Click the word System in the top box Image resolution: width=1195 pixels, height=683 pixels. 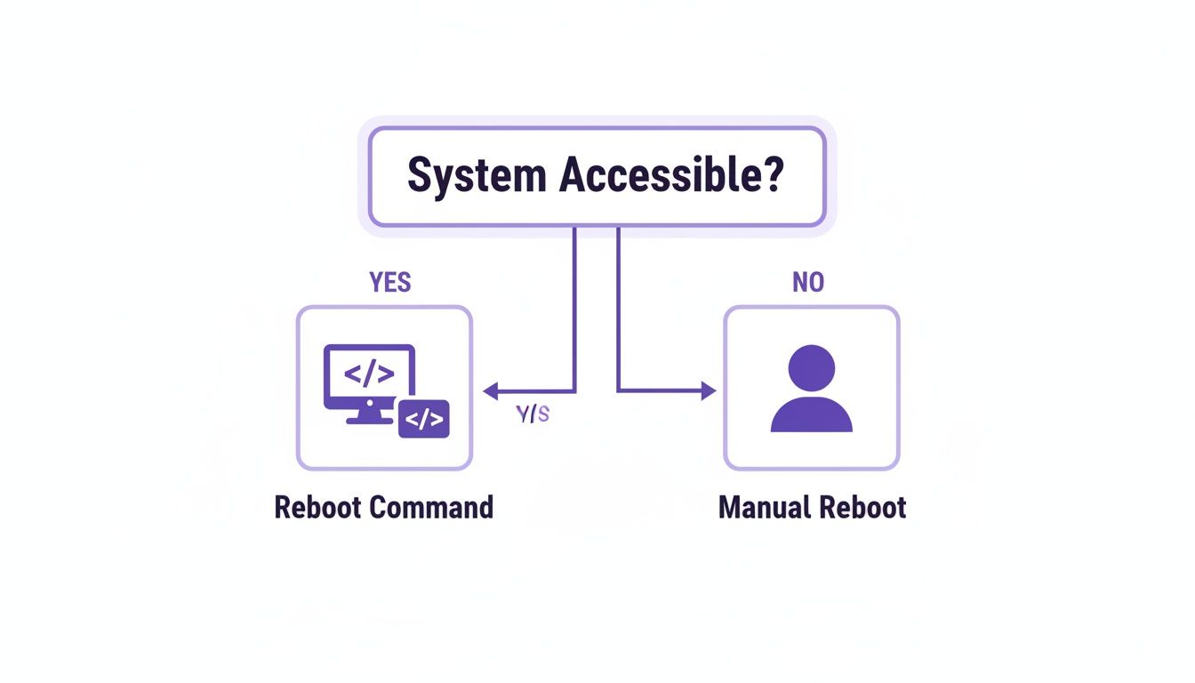pyautogui.click(x=477, y=176)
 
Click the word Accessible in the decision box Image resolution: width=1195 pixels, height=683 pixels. pyautogui.click(x=661, y=175)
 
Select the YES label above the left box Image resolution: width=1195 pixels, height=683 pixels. pyautogui.click(x=389, y=283)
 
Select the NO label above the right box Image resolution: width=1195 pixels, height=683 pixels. pyautogui.click(x=807, y=283)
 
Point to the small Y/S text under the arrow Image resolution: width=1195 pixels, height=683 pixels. pyautogui.click(x=533, y=414)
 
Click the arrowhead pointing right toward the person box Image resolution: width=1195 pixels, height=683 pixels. pyautogui.click(x=708, y=390)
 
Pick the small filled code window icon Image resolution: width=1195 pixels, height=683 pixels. pyautogui.click(x=424, y=419)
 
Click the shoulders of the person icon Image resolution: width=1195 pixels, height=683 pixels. pyautogui.click(x=811, y=415)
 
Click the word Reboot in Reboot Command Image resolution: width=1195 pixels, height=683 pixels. pyautogui.click(x=317, y=508)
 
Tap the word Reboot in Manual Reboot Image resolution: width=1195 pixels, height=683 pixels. pyautogui.click(x=862, y=508)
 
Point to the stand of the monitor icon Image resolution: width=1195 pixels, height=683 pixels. pyautogui.click(x=368, y=415)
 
